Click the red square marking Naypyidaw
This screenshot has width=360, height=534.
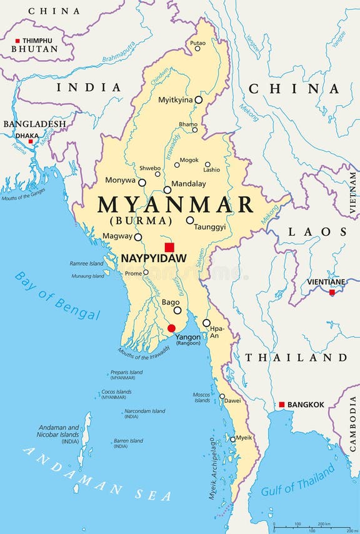pos(169,247)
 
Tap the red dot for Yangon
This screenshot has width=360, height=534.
pos(171,328)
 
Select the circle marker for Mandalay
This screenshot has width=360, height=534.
pos(167,189)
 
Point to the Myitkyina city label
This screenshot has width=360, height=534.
pos(175,100)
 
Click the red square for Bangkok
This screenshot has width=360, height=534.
pos(282,405)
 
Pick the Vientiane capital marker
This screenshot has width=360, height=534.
pos(332,292)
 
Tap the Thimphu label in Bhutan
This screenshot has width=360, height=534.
pos(37,41)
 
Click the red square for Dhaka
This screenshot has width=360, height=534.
pos(30,141)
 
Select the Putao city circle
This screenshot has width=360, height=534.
pos(197,48)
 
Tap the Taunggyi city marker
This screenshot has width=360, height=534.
pos(190,220)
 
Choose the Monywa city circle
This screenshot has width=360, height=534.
pos(142,183)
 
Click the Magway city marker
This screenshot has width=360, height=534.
pos(138,237)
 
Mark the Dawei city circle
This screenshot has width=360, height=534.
pos(222,396)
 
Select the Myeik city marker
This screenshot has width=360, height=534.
pos(233,439)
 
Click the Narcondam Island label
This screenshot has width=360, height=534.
pos(144,411)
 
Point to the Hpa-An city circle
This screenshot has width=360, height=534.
pos(206,323)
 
